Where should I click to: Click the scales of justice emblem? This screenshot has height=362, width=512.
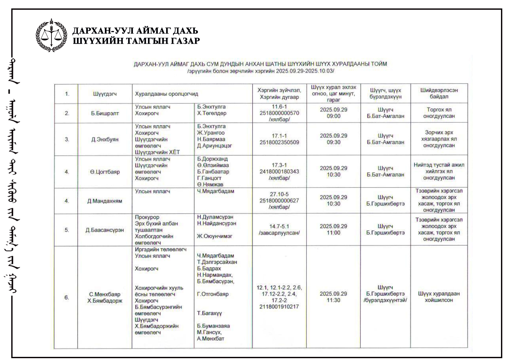pos(51,35)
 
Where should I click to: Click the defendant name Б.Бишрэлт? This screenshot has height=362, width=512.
pos(105,113)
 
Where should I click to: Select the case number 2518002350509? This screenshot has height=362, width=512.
pos(279,142)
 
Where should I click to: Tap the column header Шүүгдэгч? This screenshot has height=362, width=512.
pos(105,94)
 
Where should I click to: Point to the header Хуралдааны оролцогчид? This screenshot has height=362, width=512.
pos(167,94)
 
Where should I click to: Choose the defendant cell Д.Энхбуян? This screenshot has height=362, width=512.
pos(105,140)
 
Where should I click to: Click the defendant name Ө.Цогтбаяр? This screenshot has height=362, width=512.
pos(105,172)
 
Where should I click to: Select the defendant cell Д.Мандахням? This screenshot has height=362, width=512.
pos(105,201)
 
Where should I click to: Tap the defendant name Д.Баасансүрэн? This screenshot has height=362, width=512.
pos(105,230)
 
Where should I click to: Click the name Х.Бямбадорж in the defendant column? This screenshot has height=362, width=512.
pos(105,301)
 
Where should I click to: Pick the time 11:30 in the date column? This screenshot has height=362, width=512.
pos(333,300)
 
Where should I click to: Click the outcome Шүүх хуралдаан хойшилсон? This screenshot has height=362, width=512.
pos(439,297)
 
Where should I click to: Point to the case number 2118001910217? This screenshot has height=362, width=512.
pos(279,307)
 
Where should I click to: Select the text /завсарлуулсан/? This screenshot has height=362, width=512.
pos(279,233)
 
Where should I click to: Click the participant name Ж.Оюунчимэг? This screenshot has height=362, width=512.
pos(215,236)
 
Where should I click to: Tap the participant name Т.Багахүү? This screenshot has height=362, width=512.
pos(209,313)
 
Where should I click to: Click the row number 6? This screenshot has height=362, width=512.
pos(67,297)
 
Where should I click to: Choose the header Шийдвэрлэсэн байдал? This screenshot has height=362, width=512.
pos(439,93)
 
